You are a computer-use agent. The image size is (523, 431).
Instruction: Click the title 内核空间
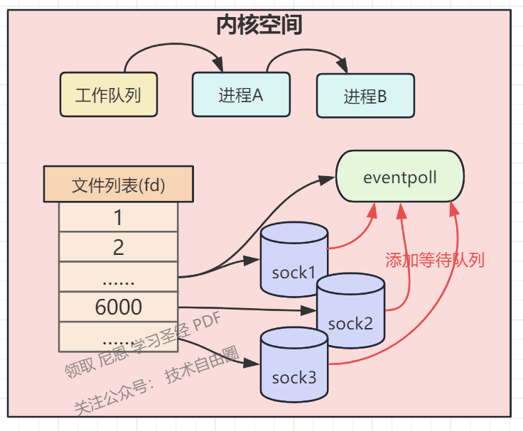tap(259, 25)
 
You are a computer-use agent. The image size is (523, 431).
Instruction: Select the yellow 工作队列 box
tap(109, 94)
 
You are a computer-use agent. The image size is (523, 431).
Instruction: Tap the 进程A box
tap(241, 94)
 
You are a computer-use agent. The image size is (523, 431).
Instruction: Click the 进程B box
tap(365, 97)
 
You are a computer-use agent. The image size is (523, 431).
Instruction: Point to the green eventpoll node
tap(399, 176)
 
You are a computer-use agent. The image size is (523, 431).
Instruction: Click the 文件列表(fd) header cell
tap(118, 185)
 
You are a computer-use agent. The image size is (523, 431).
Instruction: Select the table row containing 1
tap(118, 217)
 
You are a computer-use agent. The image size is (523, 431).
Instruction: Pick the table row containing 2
tap(118, 246)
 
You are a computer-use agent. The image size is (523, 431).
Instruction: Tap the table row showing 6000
tap(118, 307)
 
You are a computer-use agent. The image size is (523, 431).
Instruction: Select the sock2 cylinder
tap(350, 315)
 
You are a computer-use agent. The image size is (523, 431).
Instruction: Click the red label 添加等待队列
tap(435, 260)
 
